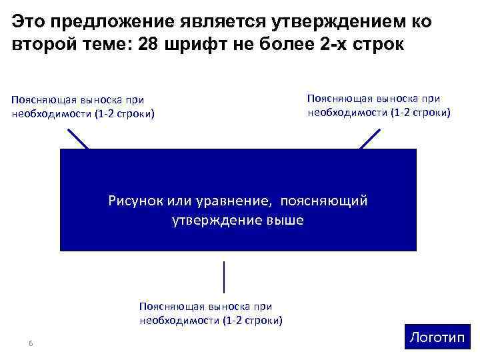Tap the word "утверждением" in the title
pyautogui.click(x=339, y=22)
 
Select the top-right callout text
pyautogui.click(x=379, y=105)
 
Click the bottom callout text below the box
pyautogui.click(x=211, y=313)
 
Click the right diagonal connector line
pyautogui.click(x=369, y=139)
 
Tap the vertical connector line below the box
pyautogui.click(x=224, y=277)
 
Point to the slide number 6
pyautogui.click(x=31, y=343)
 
